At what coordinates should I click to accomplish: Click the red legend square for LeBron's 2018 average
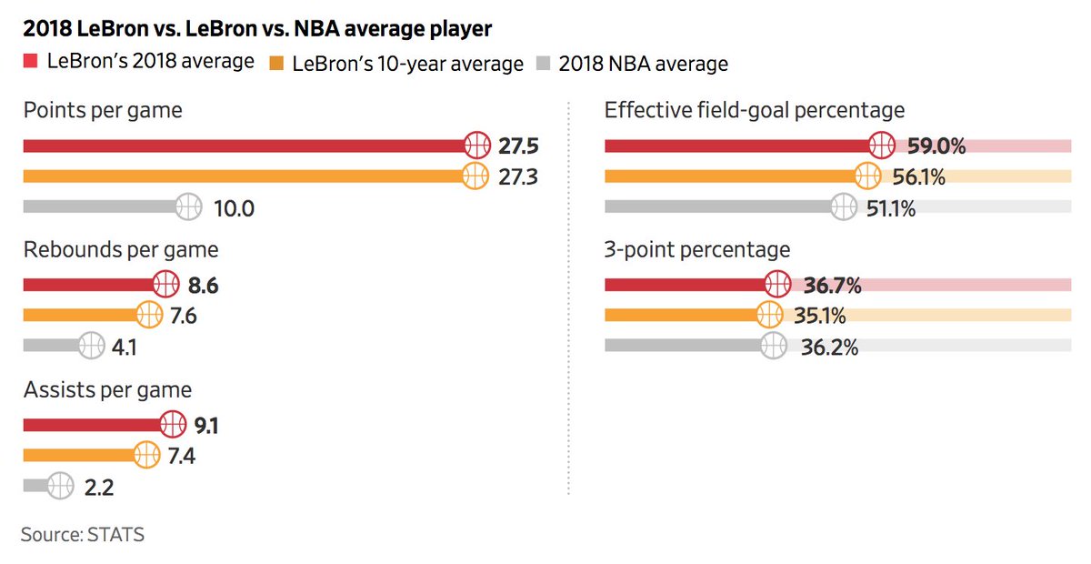pos(30,62)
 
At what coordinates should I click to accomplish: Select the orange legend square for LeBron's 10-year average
pos(276,64)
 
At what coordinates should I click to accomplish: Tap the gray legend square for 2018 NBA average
pos(543,64)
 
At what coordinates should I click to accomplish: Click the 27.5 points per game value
pos(518,146)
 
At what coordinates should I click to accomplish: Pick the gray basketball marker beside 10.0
pos(188,206)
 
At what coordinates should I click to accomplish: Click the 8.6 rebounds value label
pos(203,286)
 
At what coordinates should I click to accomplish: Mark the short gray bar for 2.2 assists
pos(35,487)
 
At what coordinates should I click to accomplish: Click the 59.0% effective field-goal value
pos(936,146)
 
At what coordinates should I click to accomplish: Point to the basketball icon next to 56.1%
pos(867,176)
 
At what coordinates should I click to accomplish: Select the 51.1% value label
pos(891,207)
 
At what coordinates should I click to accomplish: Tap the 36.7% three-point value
pos(832,286)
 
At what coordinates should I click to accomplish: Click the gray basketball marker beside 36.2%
pos(773,347)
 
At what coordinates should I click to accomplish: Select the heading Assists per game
pos(107,390)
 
